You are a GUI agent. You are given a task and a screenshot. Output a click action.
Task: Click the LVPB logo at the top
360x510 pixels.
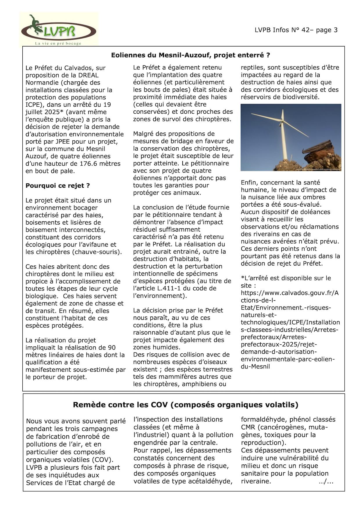(59, 29)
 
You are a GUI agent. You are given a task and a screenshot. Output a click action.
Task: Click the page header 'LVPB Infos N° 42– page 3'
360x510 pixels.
(296, 30)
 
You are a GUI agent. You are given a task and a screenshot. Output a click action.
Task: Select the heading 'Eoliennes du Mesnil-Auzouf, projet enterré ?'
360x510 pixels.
(190, 55)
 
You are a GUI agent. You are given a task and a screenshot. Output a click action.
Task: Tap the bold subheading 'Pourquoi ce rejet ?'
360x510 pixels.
(57, 186)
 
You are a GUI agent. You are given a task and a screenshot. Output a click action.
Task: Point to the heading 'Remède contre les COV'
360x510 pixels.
(185, 405)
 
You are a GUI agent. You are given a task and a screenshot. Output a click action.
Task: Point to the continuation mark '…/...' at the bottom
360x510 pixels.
(326, 482)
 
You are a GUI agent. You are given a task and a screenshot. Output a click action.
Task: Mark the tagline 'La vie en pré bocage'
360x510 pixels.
(58, 44)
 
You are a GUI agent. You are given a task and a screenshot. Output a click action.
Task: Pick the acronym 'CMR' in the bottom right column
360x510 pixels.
(248, 427)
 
